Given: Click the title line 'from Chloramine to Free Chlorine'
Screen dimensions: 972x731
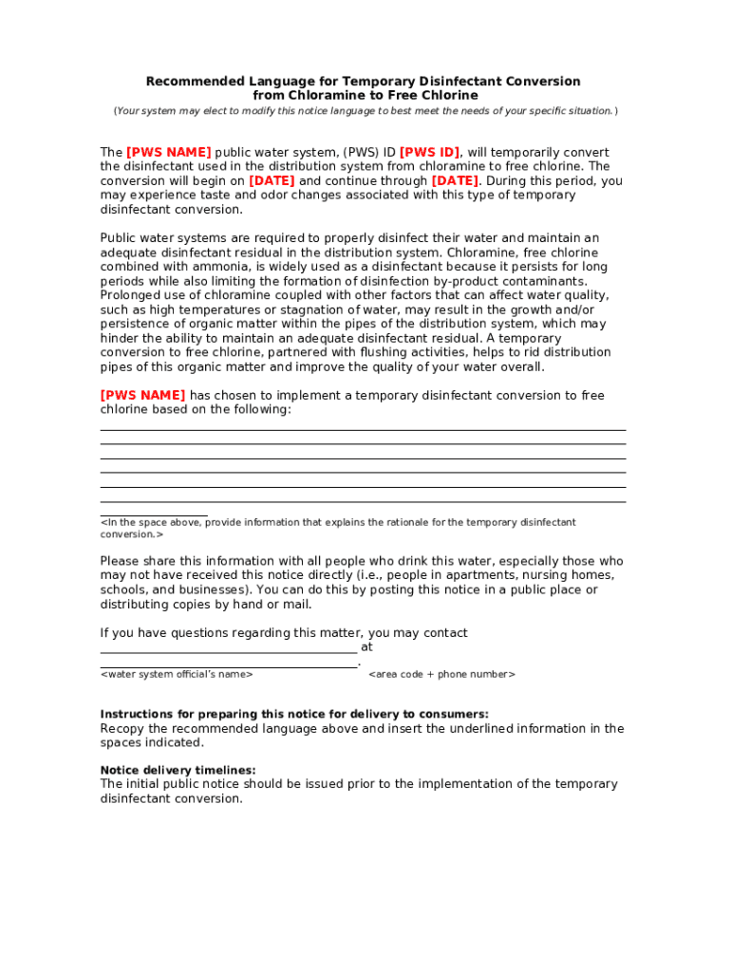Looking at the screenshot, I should coord(365,96).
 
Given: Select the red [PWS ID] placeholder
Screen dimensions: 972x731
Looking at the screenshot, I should coord(429,153).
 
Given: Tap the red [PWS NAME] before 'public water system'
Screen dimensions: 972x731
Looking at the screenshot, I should coord(168,153).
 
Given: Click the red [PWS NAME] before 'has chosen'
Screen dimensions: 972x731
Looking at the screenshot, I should coord(142,396).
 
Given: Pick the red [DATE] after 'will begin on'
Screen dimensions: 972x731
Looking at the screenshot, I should coord(272,181).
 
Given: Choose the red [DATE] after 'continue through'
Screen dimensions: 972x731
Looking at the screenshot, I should coord(455,181).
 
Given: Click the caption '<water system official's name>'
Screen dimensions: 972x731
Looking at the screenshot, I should coord(177,675).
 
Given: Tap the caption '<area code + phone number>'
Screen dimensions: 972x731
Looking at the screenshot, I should coord(441,675).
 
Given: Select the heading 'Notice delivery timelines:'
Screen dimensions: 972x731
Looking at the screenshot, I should coord(178,771).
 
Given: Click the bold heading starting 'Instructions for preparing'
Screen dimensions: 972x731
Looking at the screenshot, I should coord(294,715).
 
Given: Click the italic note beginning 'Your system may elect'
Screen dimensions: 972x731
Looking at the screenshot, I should coord(365,112).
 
